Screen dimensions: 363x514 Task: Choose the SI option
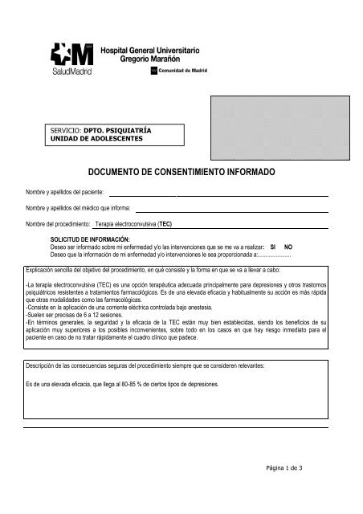click(x=273, y=247)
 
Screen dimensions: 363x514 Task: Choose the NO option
click(x=288, y=247)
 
